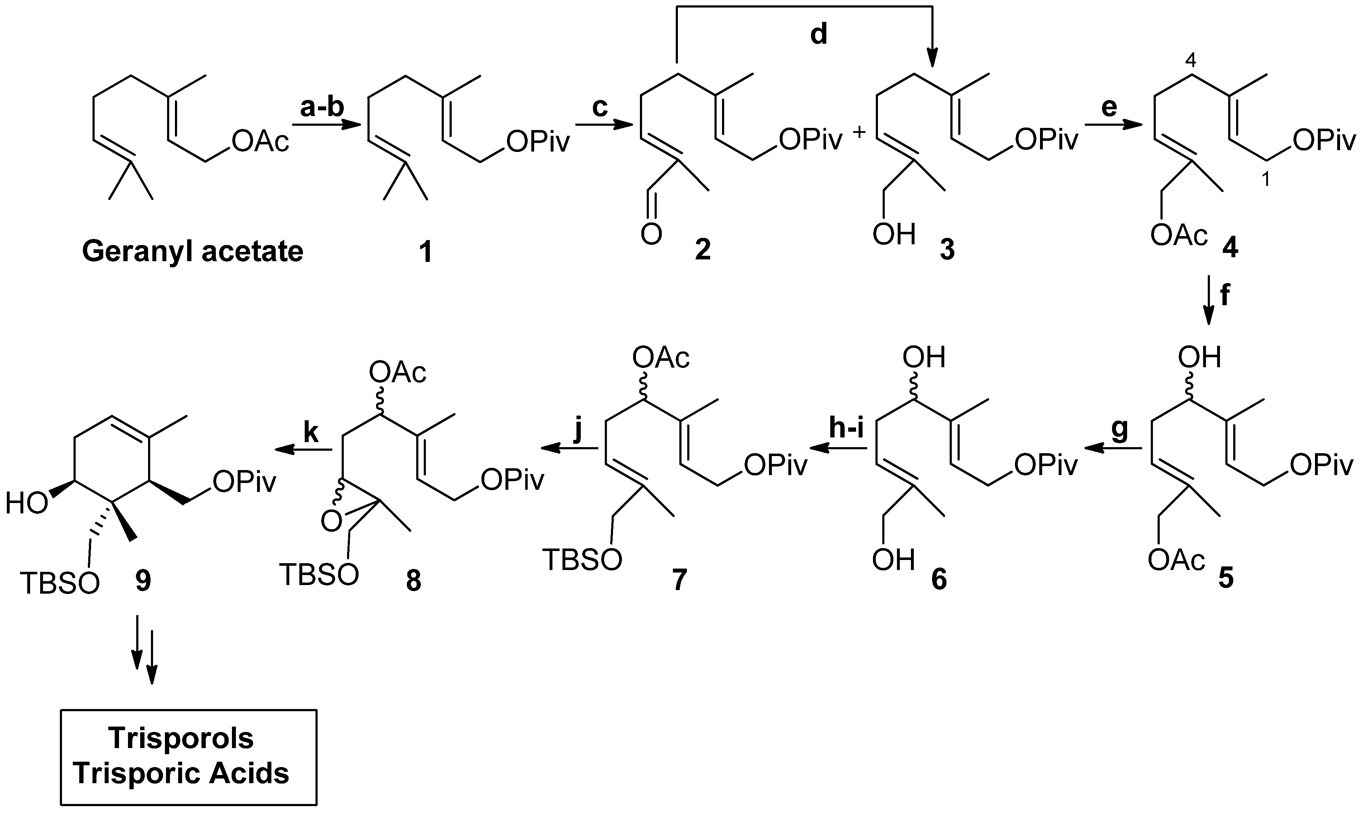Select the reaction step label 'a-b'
[322, 107]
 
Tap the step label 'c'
[600, 107]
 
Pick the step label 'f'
[1225, 296]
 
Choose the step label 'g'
[1119, 430]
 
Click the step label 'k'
[310, 433]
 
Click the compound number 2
[703, 250]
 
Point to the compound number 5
[1226, 579]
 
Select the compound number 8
[413, 580]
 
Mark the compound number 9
[143, 580]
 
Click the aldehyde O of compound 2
[651, 235]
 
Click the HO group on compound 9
[26, 503]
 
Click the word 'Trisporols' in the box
[181, 738]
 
